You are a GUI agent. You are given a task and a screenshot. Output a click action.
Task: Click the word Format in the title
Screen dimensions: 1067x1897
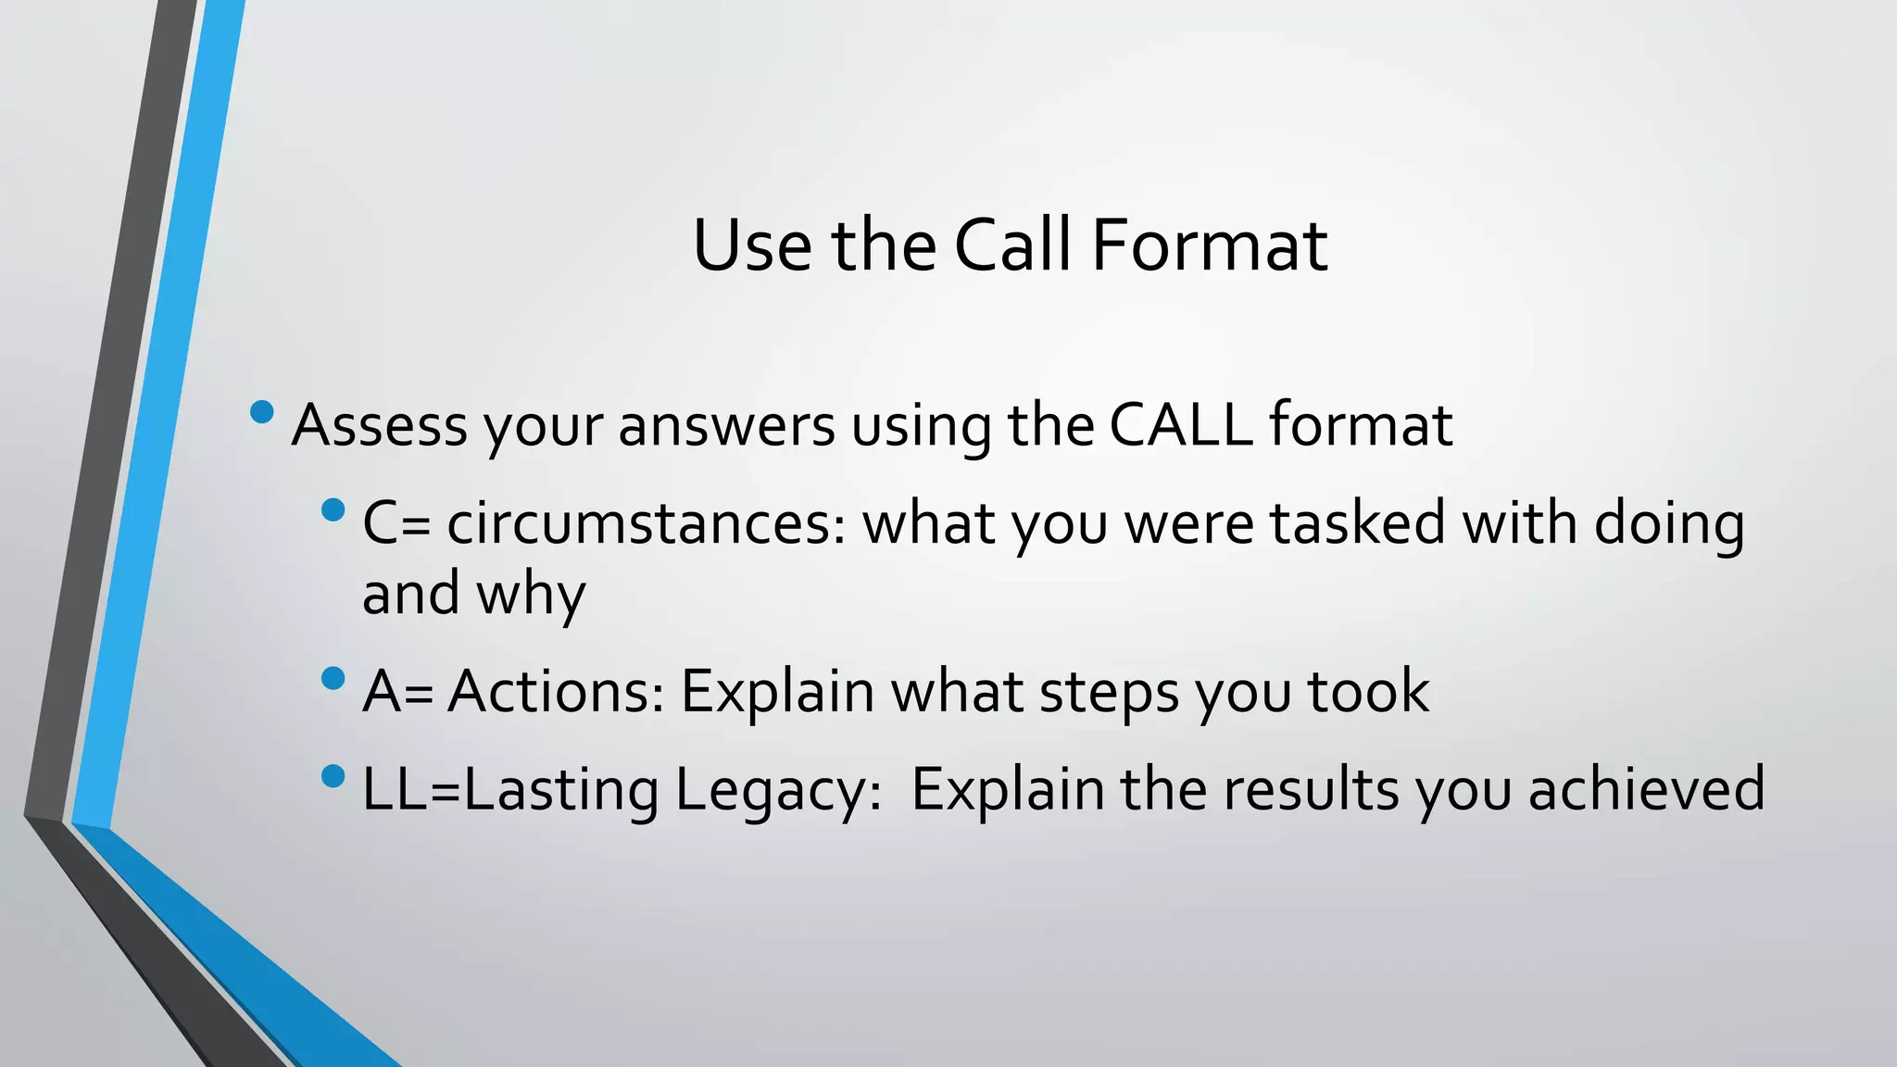[x=1209, y=245]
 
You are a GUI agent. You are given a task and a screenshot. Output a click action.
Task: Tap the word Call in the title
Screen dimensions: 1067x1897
[x=1011, y=245]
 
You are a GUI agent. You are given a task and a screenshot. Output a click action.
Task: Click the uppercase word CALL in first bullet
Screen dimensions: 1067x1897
[x=1181, y=425]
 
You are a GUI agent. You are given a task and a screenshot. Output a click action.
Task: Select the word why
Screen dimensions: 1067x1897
[x=531, y=596]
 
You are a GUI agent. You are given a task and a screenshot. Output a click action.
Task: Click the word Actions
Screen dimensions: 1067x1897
[x=556, y=691]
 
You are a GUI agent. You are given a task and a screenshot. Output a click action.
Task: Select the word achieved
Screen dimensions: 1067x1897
[x=1646, y=789]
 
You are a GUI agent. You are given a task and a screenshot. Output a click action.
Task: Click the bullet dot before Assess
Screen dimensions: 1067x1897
[x=262, y=411]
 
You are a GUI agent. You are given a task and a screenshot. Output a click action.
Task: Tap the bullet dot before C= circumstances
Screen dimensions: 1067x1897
[x=333, y=509]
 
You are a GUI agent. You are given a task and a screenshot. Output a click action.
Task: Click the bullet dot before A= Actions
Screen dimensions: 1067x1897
[x=333, y=679]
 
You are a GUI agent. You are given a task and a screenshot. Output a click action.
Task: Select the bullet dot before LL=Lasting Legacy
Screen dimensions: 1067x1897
[x=333, y=776]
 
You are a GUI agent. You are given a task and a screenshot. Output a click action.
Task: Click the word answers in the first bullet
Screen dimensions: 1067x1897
[x=726, y=427]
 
